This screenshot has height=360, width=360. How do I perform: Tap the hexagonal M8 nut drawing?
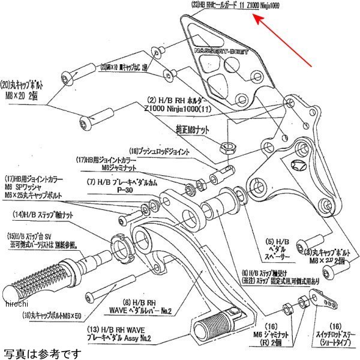(227, 145)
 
